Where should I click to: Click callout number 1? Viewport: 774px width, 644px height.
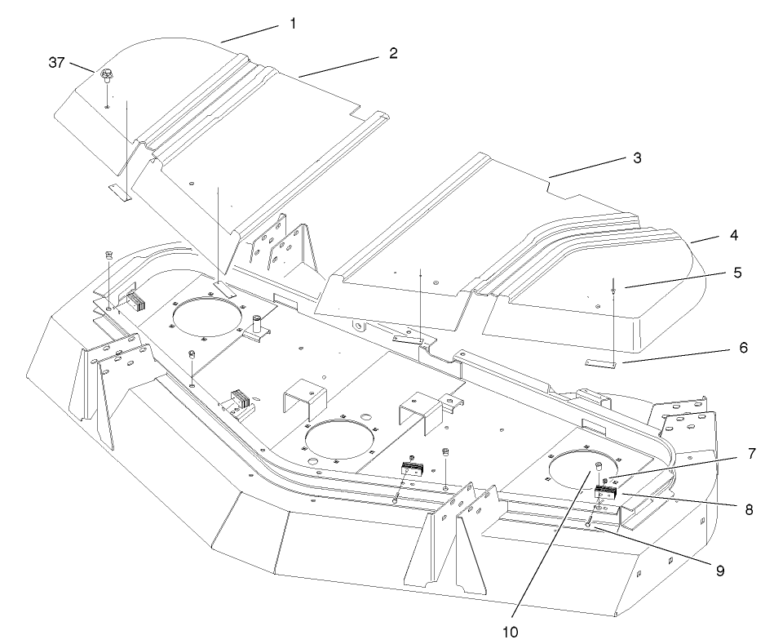click(x=293, y=24)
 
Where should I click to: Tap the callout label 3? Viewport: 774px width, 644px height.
click(x=637, y=158)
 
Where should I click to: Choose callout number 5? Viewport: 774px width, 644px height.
click(x=737, y=273)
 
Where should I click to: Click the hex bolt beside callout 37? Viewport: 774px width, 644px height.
click(x=106, y=77)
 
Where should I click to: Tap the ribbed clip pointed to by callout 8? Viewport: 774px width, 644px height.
click(x=606, y=492)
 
